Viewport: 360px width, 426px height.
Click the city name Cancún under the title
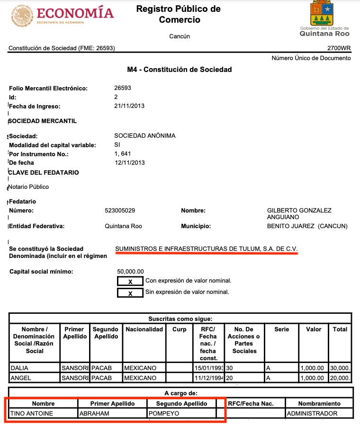click(x=179, y=36)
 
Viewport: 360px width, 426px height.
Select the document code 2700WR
click(x=339, y=48)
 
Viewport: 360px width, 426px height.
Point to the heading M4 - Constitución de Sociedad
click(x=180, y=70)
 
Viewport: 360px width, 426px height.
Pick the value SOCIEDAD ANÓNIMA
click(x=145, y=136)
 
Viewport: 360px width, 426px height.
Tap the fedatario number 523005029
click(x=123, y=210)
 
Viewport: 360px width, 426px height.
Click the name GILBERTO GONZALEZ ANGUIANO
click(x=299, y=213)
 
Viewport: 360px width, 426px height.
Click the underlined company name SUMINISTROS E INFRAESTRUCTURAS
click(x=207, y=249)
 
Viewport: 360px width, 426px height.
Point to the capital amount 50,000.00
click(x=130, y=271)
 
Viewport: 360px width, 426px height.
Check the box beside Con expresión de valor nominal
click(x=130, y=282)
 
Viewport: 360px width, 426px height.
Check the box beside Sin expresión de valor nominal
click(x=130, y=293)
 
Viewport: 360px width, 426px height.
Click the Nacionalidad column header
click(x=144, y=329)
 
